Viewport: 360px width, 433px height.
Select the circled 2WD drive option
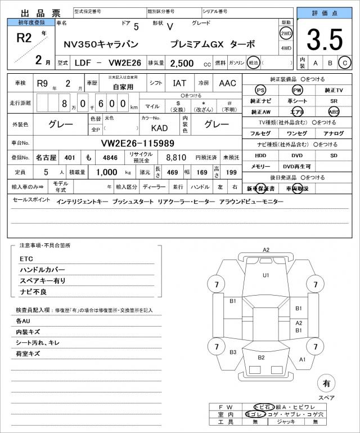[x=286, y=33]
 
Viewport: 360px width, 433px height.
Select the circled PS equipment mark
[x=260, y=90]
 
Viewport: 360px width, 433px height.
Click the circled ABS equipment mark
[x=334, y=111]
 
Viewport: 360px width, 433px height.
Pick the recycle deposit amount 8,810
[x=175, y=158]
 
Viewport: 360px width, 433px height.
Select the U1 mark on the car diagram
[x=266, y=275]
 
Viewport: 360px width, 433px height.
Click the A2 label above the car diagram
[x=266, y=250]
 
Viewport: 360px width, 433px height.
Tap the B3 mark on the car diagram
[x=233, y=352]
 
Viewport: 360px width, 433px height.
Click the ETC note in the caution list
[x=26, y=258]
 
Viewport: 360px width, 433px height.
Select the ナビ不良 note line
[x=33, y=292]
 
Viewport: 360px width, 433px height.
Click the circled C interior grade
[x=344, y=63]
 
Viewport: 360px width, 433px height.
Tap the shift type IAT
[x=179, y=83]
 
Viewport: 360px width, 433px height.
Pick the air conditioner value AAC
[x=227, y=83]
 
